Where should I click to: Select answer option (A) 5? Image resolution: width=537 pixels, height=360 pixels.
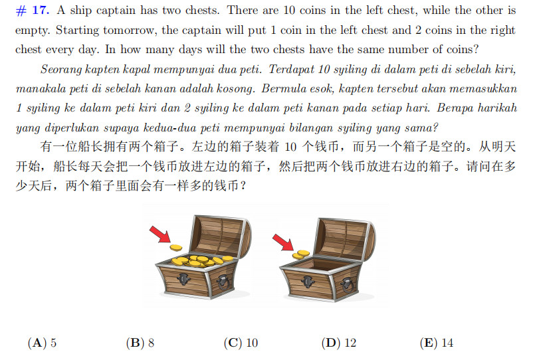pyautogui.click(x=42, y=343)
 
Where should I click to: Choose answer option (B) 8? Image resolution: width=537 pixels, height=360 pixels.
pyautogui.click(x=140, y=343)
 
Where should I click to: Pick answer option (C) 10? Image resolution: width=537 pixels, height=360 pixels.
pyautogui.click(x=241, y=343)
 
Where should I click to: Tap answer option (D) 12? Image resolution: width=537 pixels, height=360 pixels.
pyautogui.click(x=339, y=343)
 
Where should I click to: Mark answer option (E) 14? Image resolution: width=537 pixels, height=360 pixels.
pyautogui.click(x=436, y=343)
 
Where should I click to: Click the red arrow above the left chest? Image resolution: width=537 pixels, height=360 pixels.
pyautogui.click(x=160, y=234)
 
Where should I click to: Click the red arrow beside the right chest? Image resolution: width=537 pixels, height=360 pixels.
pyautogui.click(x=283, y=242)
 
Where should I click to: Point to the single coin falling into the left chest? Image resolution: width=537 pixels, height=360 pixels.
pyautogui.click(x=176, y=247)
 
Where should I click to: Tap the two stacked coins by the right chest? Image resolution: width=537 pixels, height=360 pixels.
pyautogui.click(x=300, y=254)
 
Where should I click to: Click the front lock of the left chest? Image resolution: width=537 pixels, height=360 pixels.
pyautogui.click(x=183, y=279)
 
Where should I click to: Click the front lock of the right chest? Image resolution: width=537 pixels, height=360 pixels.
pyautogui.click(x=308, y=282)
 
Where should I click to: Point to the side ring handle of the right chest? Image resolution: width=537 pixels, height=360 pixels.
pyautogui.click(x=348, y=285)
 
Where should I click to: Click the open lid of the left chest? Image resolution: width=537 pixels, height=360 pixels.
pyautogui.click(x=221, y=235)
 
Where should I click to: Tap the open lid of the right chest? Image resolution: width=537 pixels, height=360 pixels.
pyautogui.click(x=344, y=239)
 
